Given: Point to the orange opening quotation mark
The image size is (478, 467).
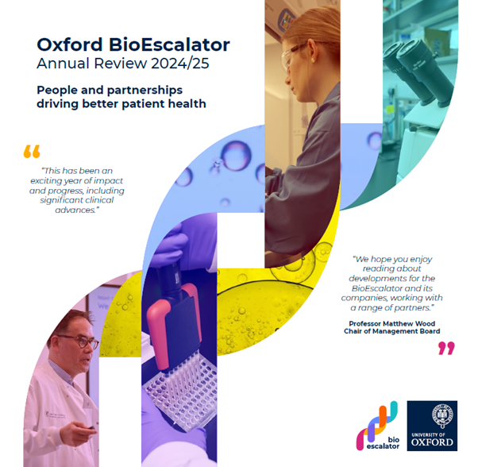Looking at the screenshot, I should [x=32, y=151].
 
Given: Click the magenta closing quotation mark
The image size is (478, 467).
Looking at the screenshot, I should [x=447, y=348].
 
